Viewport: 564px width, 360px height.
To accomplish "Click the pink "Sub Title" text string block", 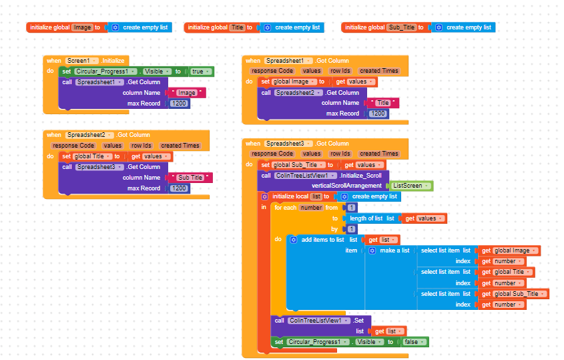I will (191, 178).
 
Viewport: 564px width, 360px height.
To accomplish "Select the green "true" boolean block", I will (198, 71).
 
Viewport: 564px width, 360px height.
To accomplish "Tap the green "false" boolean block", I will (412, 342).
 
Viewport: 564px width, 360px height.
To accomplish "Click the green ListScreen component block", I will (409, 186).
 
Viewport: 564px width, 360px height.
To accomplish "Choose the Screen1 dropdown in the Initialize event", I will (83, 61).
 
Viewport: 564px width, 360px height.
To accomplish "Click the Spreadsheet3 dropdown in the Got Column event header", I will (287, 144).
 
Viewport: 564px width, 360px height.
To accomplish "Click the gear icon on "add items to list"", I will (293, 240).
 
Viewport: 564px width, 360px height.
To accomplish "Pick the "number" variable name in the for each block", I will (311, 208).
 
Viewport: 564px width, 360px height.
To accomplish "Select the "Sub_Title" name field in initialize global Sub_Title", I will (402, 27).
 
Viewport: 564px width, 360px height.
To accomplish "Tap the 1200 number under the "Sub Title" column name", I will (178, 188).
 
